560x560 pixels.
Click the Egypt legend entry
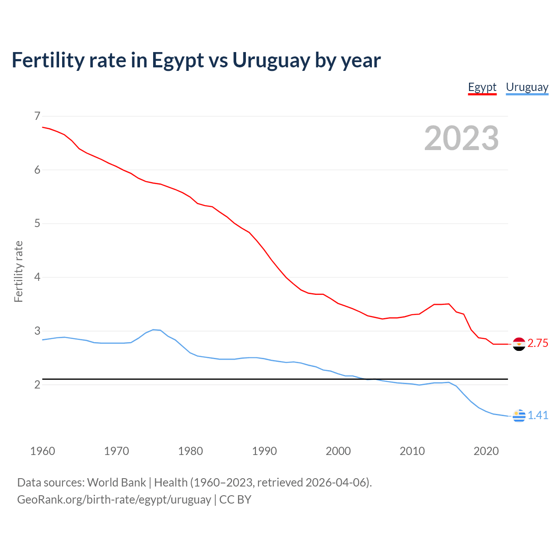click(x=482, y=87)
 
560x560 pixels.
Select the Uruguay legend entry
click(x=527, y=87)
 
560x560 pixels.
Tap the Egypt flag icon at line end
click(x=519, y=344)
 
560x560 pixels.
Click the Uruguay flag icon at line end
click(x=519, y=416)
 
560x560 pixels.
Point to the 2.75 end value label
click(x=538, y=343)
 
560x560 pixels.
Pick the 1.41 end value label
click(x=538, y=415)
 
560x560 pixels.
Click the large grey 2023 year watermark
click(x=461, y=138)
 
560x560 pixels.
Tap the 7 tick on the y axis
click(x=37, y=116)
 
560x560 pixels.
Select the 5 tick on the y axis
click(x=37, y=224)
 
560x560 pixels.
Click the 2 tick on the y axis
click(x=37, y=385)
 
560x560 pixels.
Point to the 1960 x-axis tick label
click(x=42, y=451)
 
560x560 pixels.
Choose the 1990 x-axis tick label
click(x=264, y=451)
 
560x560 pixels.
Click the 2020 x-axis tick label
click(x=486, y=451)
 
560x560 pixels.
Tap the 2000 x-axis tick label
click(x=338, y=451)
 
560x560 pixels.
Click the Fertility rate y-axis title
click(x=18, y=271)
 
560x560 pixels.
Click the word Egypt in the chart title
click(x=178, y=60)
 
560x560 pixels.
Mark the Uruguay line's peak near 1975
click(x=154, y=329)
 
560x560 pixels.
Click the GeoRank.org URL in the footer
click(x=114, y=500)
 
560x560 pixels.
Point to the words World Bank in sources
click(x=116, y=483)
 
